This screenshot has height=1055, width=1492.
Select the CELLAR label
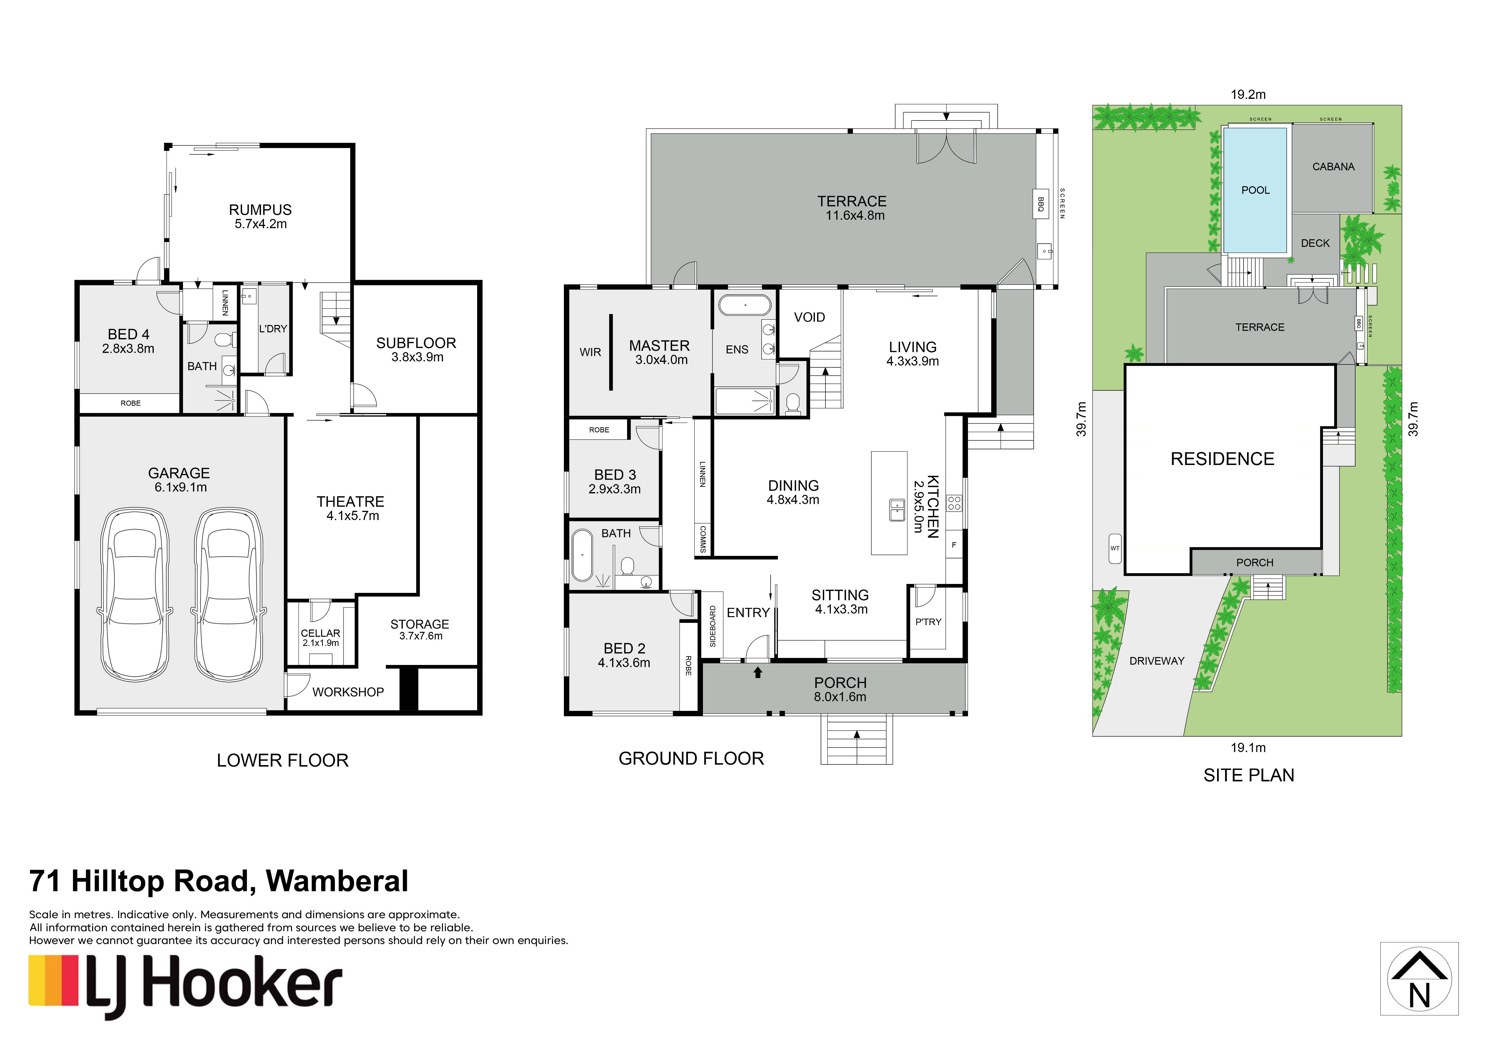pos(320,633)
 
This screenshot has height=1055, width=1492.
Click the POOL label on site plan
pos(1255,190)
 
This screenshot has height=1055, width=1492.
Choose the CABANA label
pos(1333,167)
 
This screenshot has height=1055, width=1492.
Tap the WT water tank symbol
pos(1115,548)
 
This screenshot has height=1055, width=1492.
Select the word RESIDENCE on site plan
pos(1222,459)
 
